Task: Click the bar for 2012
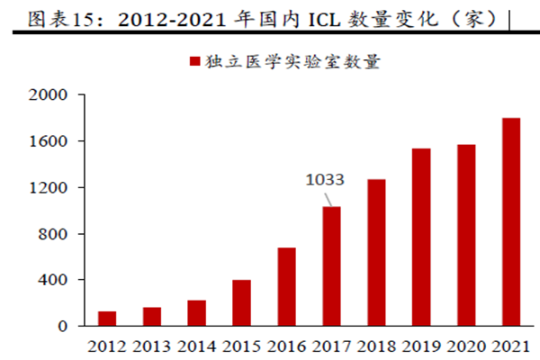pos(108,319)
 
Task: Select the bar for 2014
pos(196,313)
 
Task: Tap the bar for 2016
pos(286,287)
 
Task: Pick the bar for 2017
pos(331,266)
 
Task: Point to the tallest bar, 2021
pos(511,222)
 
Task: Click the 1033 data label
pos(326,180)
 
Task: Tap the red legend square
pos(193,62)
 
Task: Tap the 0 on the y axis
pos(64,326)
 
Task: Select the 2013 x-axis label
pos(152,346)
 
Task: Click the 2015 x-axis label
pos(241,346)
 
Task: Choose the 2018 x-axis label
pos(376,346)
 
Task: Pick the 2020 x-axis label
pos(466,346)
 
